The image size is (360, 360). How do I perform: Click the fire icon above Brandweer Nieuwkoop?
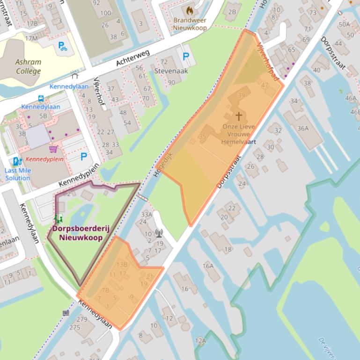coord(190,10)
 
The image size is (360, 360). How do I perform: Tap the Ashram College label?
coord(28,67)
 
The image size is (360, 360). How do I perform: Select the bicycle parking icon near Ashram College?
coord(62,46)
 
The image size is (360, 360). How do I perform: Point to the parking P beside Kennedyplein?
coord(84,156)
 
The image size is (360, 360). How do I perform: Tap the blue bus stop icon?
coord(41,99)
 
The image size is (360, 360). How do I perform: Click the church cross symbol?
coord(239,116)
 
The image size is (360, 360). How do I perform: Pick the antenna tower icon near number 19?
coord(159,232)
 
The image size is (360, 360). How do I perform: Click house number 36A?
coord(303,128)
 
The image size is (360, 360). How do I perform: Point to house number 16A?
coord(208,266)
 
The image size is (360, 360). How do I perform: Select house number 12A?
coord(200,340)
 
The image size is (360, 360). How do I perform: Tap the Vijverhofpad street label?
coord(268,61)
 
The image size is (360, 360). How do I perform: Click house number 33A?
coord(147,215)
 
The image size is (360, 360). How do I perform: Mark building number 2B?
coord(232,12)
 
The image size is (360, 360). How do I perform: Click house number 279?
coord(82,319)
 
